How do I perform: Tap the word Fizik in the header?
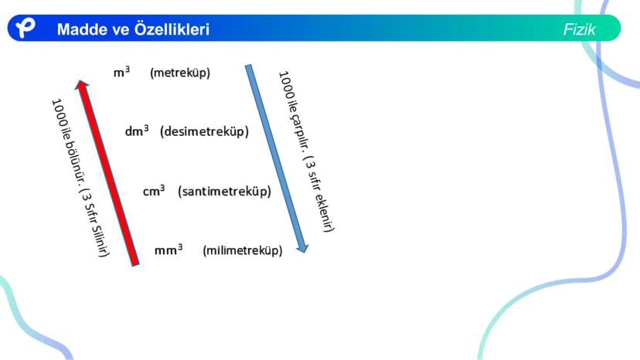[579, 30]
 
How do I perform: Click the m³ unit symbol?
[121, 73]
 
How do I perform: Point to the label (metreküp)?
[180, 73]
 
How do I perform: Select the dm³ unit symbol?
[136, 131]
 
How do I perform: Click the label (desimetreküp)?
[204, 131]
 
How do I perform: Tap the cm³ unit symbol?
[154, 191]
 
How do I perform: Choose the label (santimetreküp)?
[224, 192]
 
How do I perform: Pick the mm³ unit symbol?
[169, 250]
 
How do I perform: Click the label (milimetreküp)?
[243, 250]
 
